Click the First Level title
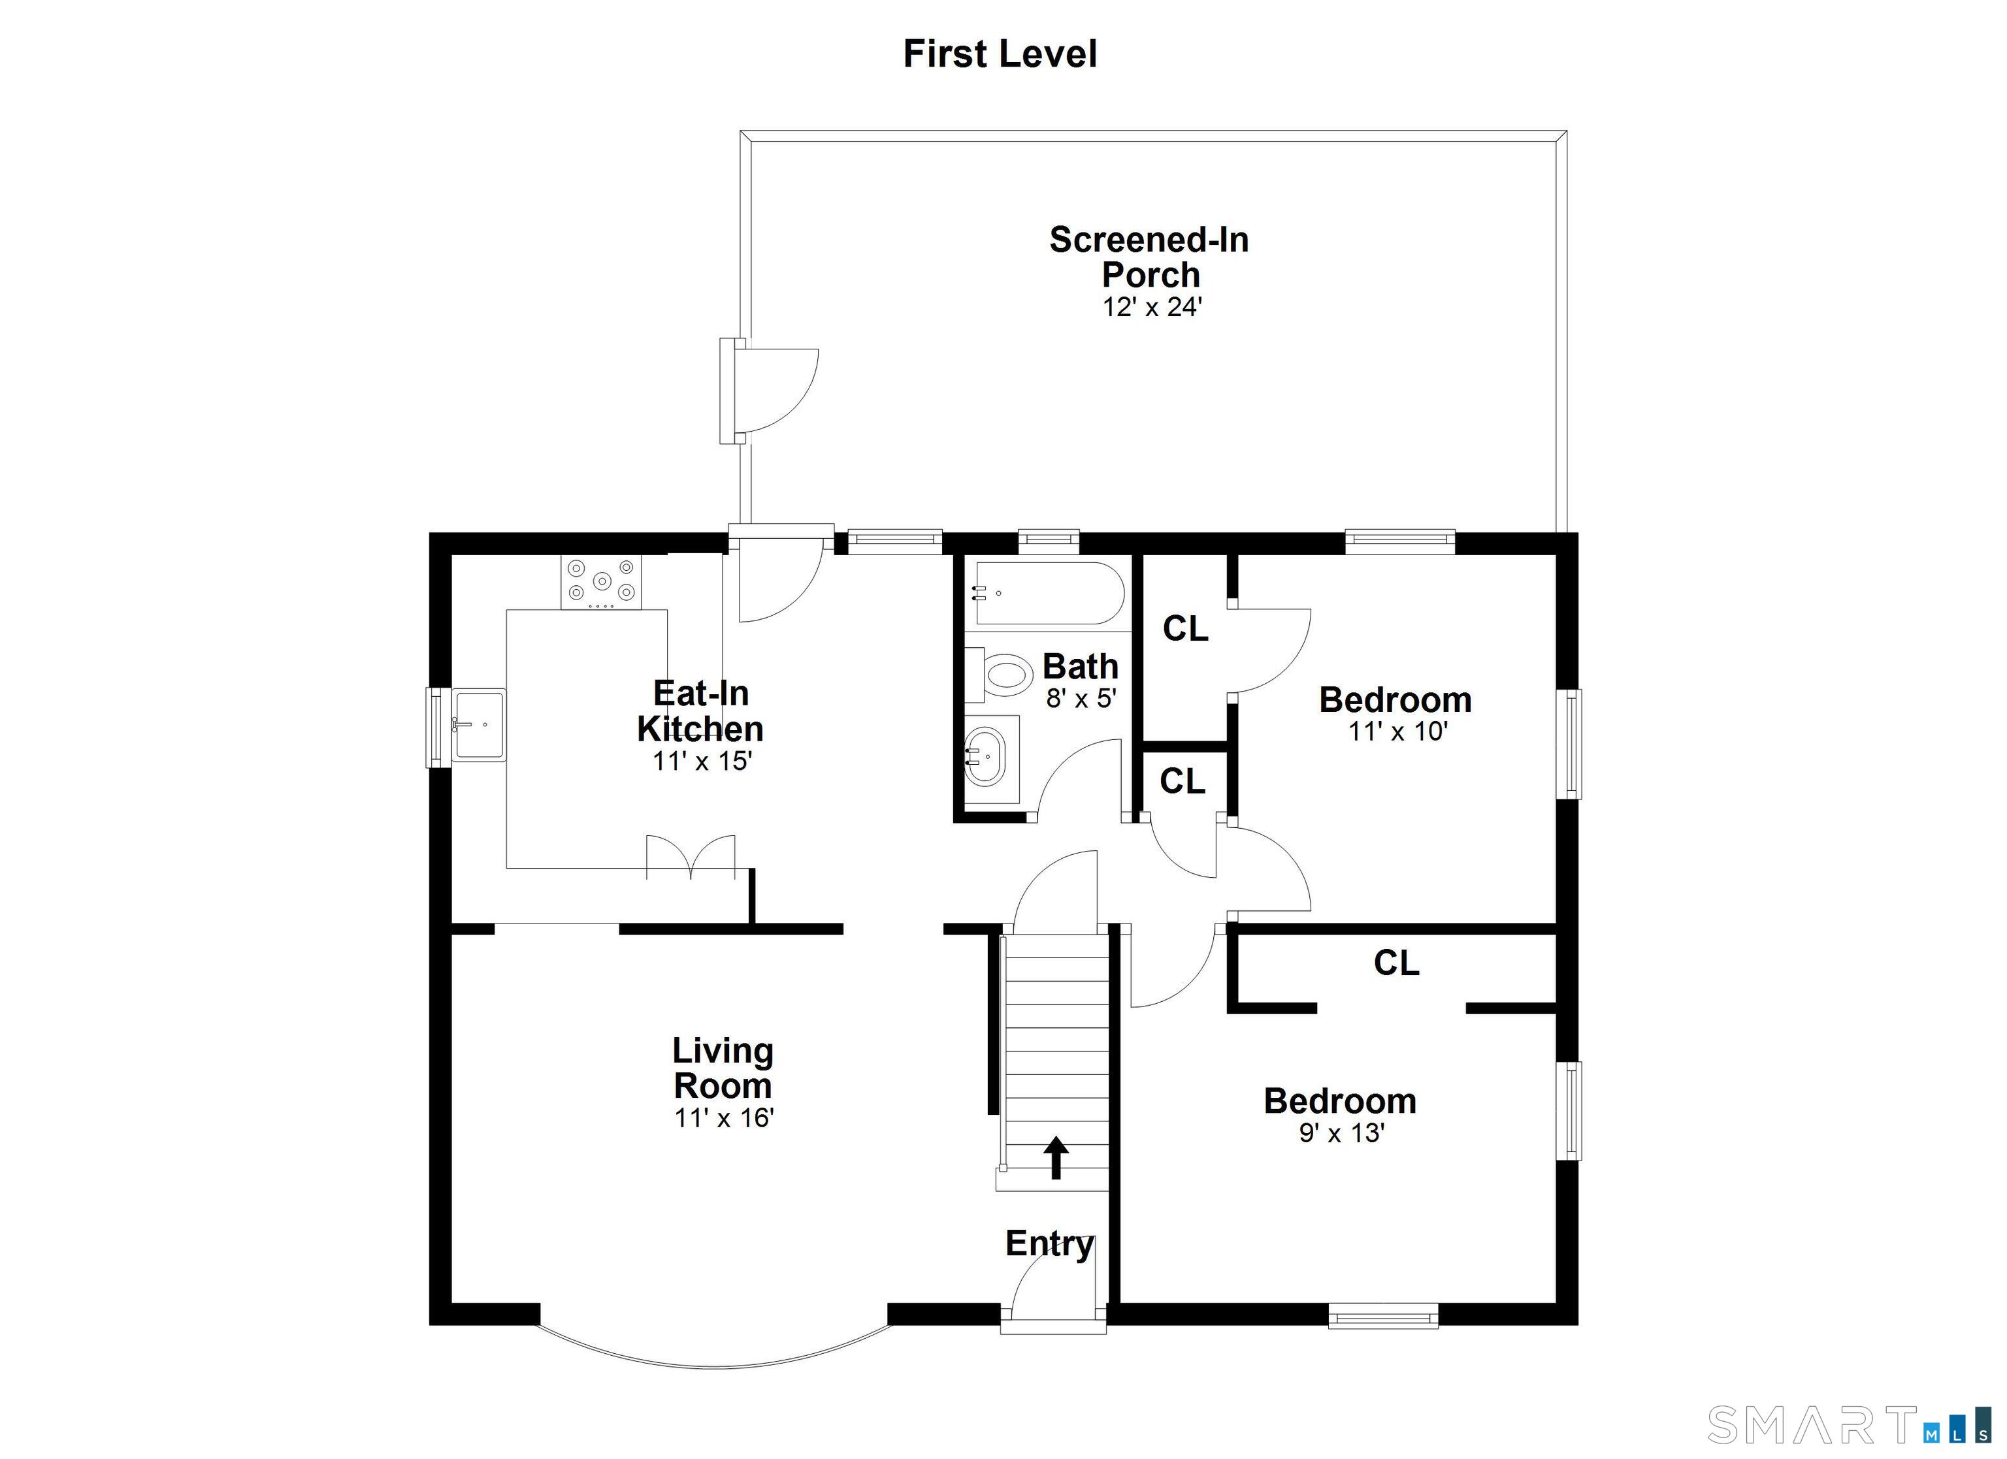(1000, 54)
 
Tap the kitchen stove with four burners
(601, 581)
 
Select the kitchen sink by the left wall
(479, 726)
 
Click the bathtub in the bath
(1048, 593)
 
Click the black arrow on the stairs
(1056, 1157)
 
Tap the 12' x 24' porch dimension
(1151, 307)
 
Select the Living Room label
(723, 1068)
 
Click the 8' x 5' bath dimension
(1081, 698)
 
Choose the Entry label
(1049, 1243)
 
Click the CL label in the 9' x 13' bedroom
(1395, 963)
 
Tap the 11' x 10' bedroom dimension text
(1396, 731)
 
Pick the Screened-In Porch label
(1149, 257)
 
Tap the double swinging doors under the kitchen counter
(691, 856)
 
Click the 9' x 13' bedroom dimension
(1341, 1132)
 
